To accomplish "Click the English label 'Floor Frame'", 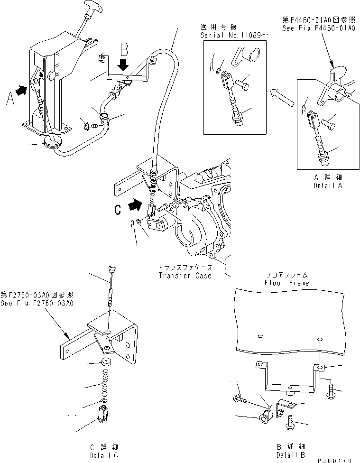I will [x=287, y=283].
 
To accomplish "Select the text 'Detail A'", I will [x=328, y=185].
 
